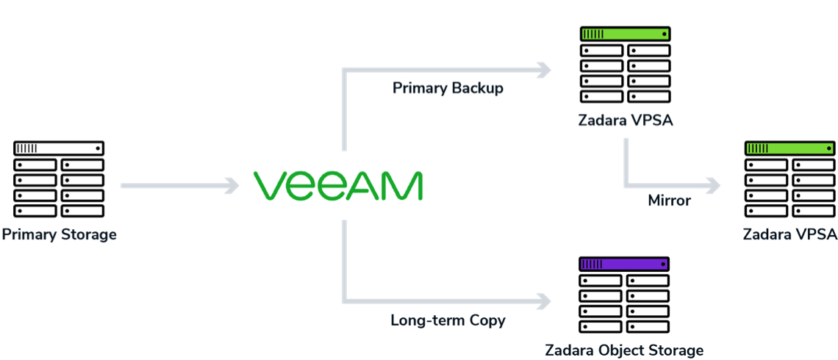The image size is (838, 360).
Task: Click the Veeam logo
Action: coord(337,186)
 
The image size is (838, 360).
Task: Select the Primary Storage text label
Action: coord(59,235)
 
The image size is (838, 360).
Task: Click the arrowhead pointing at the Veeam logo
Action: coord(234,186)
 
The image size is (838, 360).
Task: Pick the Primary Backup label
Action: coord(448,88)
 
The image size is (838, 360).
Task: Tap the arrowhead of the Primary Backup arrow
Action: coord(545,71)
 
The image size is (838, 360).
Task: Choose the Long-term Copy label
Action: coord(448,320)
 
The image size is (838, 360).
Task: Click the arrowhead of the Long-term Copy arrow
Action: coord(545,300)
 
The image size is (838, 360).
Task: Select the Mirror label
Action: coord(669,200)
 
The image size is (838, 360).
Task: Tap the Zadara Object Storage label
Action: coord(624,350)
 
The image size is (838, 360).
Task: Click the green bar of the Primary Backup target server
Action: coord(625,34)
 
